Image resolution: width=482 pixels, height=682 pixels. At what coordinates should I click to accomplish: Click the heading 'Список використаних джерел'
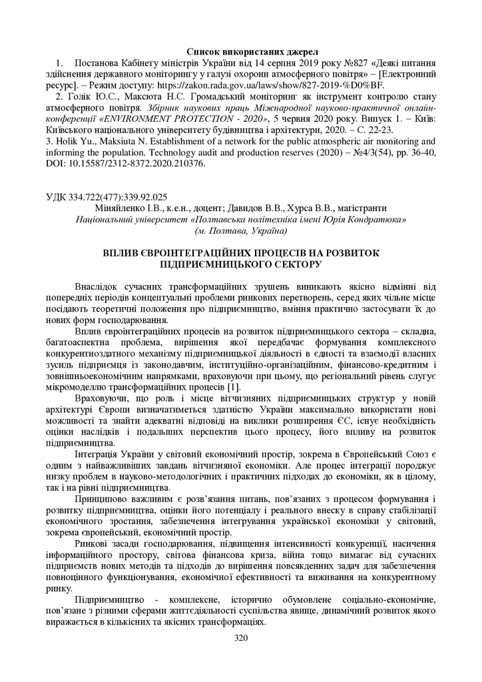click(252, 51)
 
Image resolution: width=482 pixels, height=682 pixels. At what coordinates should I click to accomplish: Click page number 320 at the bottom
click(241, 638)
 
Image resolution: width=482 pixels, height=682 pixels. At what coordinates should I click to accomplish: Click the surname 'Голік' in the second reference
click(79, 96)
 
